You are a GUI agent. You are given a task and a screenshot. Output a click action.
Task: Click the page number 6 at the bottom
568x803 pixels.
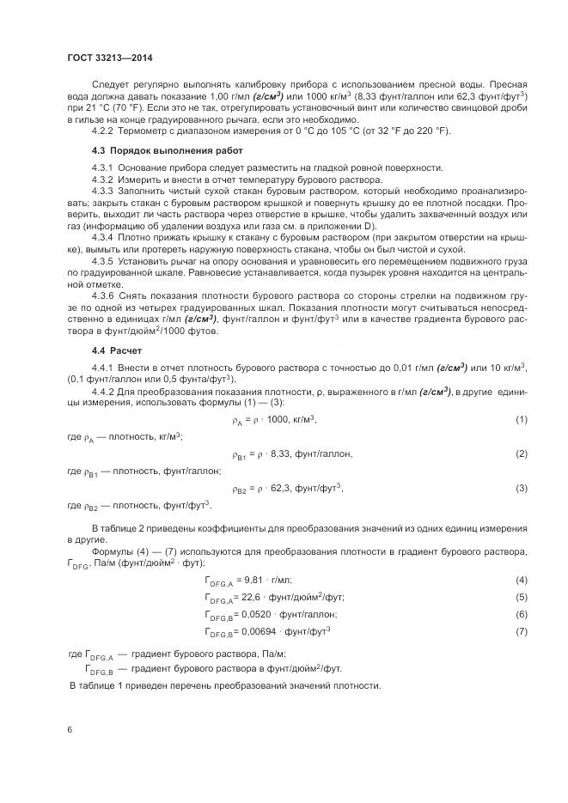point(70,729)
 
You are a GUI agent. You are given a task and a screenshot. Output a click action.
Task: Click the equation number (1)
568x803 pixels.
point(521,419)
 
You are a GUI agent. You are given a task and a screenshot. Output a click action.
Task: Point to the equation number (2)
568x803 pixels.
point(521,453)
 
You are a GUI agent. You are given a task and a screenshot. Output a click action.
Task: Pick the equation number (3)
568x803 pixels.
point(521,488)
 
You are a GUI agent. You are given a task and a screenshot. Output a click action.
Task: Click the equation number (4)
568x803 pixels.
point(521,581)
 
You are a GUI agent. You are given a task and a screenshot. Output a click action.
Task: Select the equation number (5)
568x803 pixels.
point(521,597)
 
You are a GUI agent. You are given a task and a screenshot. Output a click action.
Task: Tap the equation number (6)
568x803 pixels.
point(521,615)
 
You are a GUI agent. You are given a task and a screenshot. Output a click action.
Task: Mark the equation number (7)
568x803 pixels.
point(521,632)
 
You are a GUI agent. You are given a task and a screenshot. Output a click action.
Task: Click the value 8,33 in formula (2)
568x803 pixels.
point(280,453)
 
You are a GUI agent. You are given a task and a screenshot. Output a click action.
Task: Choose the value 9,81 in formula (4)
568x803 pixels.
point(257,581)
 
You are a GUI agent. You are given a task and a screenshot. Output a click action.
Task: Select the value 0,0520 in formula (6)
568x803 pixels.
point(261,615)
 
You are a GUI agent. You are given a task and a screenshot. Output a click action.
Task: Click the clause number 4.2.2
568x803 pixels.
point(104,131)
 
